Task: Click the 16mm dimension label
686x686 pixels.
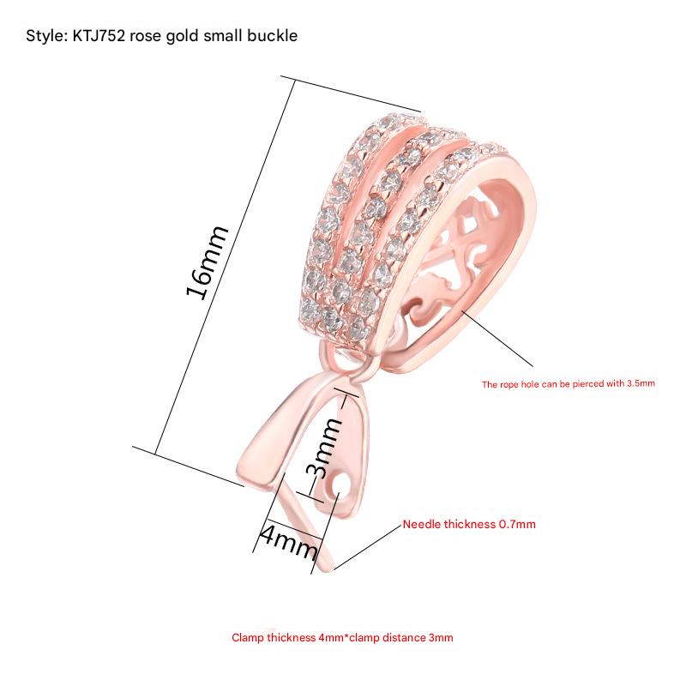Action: [x=208, y=262]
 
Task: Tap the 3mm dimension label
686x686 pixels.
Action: [x=324, y=449]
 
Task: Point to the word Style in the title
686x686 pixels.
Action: [x=42, y=37]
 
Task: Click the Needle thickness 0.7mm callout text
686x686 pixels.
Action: [x=469, y=524]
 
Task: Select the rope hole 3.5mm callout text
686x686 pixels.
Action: [x=568, y=384]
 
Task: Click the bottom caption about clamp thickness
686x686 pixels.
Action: [x=342, y=638]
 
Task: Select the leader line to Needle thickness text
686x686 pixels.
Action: [x=369, y=545]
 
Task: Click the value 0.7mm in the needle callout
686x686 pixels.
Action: [x=518, y=524]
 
